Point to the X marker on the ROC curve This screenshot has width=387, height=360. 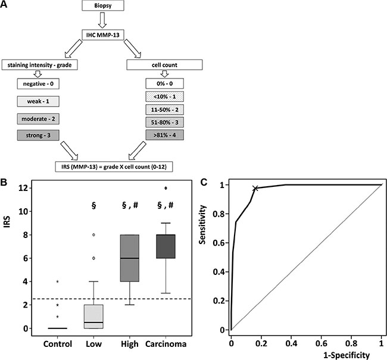[255, 189]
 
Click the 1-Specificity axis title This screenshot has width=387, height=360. [305, 354]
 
